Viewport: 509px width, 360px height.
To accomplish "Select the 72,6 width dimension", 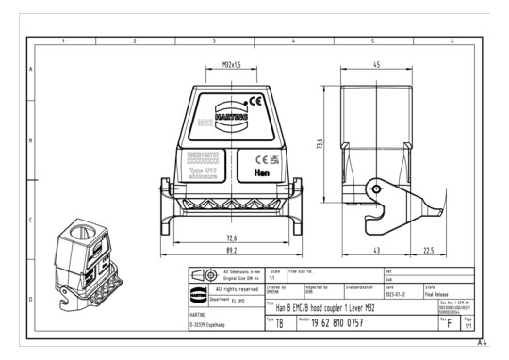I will click(230, 237).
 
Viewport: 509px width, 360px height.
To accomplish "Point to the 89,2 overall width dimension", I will click(230, 252).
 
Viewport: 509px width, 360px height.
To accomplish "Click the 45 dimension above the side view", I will click(375, 65).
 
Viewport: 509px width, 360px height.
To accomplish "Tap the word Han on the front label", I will click(260, 172).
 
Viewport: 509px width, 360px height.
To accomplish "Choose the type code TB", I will click(279, 322).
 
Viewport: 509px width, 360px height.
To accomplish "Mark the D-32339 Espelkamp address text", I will click(210, 325).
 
